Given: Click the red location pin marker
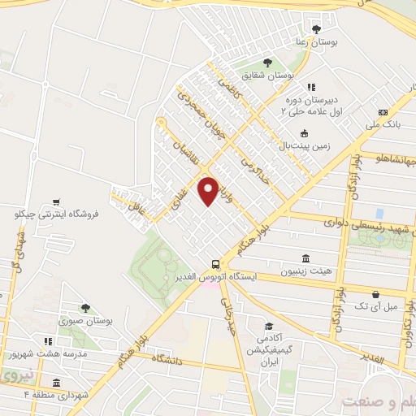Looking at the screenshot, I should (209, 190).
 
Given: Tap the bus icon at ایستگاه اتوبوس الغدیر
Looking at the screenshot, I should (215, 264).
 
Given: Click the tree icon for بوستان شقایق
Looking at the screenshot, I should (267, 62).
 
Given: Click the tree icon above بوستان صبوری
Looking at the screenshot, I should (84, 308).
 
